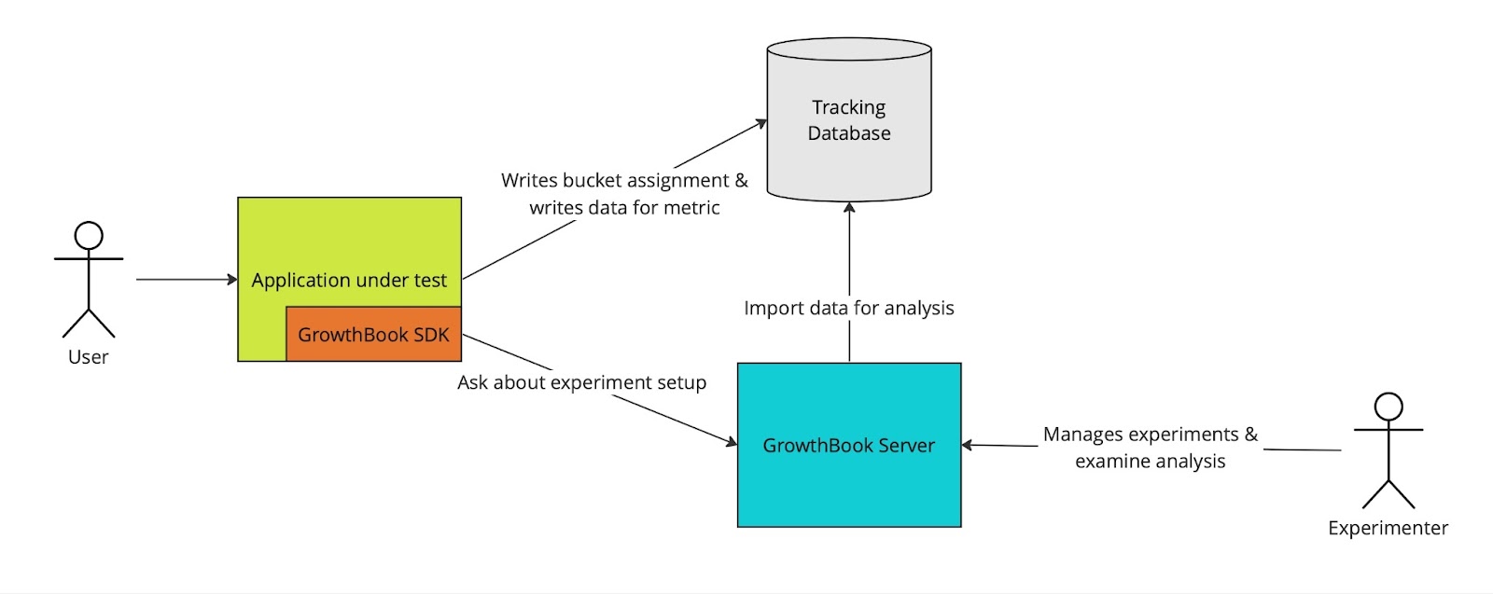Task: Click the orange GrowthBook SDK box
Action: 373,334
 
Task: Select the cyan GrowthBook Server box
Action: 849,445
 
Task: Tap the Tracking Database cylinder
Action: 849,120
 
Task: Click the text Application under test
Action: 349,281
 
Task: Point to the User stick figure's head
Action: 89,236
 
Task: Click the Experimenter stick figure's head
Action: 1388,407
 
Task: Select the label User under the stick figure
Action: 88,357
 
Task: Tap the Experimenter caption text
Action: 1388,528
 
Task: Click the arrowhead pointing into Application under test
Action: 232,279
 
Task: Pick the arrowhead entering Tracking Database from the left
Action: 760,124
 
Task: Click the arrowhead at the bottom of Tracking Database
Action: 849,208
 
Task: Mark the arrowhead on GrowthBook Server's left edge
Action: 732,441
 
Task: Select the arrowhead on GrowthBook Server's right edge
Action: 968,445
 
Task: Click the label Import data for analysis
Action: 849,308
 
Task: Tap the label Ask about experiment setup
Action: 582,382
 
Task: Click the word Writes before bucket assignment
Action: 529,181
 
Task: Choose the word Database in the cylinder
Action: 849,133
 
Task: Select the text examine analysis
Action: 1150,462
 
